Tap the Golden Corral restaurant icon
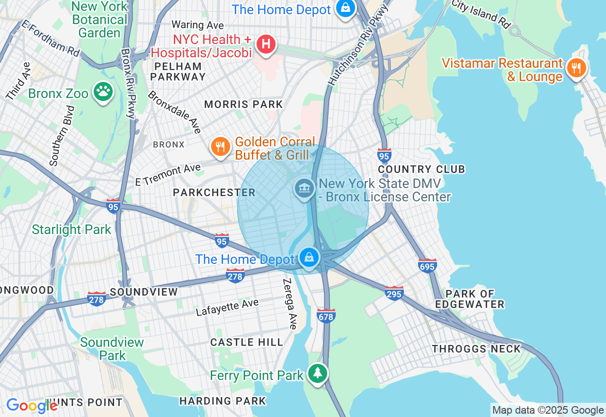pyautogui.click(x=220, y=146)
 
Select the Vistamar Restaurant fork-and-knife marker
pyautogui.click(x=576, y=68)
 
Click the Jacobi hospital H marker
pyautogui.click(x=266, y=45)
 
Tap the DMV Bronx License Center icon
pyautogui.click(x=305, y=188)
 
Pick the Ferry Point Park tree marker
pyautogui.click(x=318, y=373)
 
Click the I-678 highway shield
pyautogui.click(x=326, y=315)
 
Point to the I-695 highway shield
pyautogui.click(x=428, y=266)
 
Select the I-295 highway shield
pyautogui.click(x=394, y=293)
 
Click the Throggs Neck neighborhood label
pyautogui.click(x=476, y=349)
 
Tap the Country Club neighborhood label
pyautogui.click(x=421, y=169)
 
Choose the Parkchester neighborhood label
pyautogui.click(x=214, y=192)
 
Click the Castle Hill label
pyautogui.click(x=247, y=342)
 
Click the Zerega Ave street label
pyautogui.click(x=290, y=303)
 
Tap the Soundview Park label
pyautogui.click(x=112, y=349)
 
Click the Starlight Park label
pyautogui.click(x=71, y=230)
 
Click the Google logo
pyautogui.click(x=32, y=405)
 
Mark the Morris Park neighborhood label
pyautogui.click(x=243, y=104)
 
